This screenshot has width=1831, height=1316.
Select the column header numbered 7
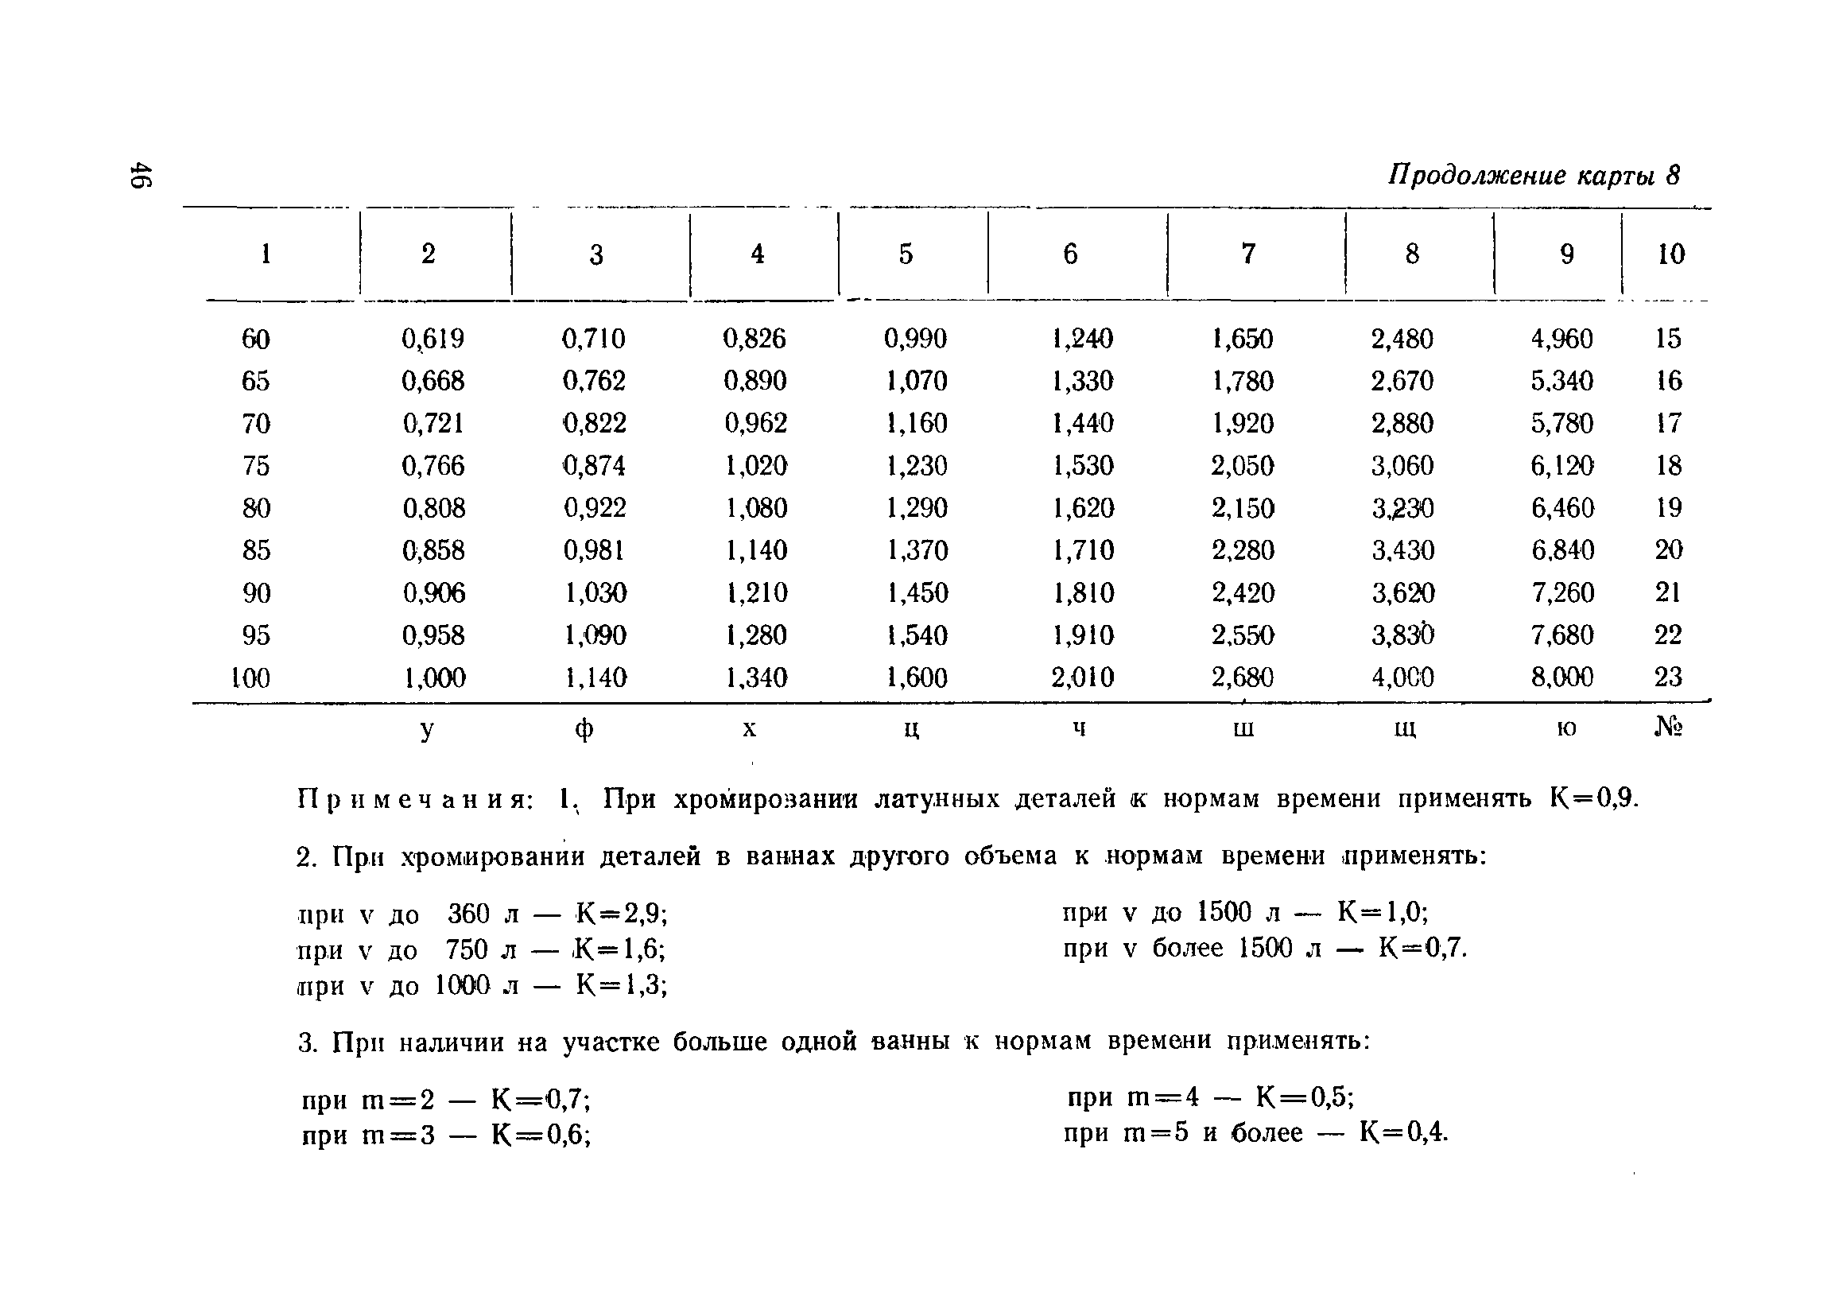pos(1248,254)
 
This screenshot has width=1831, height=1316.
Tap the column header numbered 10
pos(1670,254)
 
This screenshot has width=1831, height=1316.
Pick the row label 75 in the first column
pos(256,466)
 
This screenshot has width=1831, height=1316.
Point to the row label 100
pos(250,677)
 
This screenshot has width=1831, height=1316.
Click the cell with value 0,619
pos(433,338)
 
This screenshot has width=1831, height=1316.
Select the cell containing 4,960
pos(1562,338)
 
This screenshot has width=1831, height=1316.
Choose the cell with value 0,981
pos(594,550)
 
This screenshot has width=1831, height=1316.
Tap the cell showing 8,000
pos(1562,677)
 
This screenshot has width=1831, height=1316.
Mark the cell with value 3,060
pos(1402,466)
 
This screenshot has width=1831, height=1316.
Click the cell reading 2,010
pos(1082,677)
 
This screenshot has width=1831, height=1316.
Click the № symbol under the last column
pos(1668,728)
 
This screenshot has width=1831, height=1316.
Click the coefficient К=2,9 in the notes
pos(622,914)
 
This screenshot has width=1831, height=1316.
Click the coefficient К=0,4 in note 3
pos(1404,1133)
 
